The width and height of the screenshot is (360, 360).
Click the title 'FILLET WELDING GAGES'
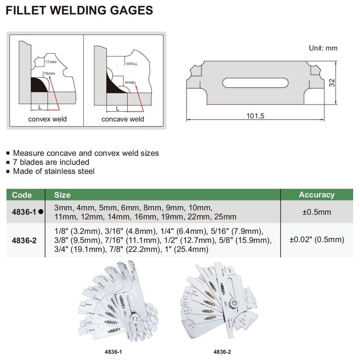(x=80, y=10)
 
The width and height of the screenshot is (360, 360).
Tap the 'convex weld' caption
(x=47, y=119)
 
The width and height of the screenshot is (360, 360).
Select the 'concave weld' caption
(x=123, y=119)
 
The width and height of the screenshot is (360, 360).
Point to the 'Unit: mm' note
(x=323, y=48)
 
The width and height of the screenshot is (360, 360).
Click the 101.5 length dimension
(x=256, y=116)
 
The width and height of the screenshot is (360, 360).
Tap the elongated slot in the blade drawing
(x=256, y=83)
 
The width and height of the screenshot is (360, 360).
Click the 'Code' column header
(x=22, y=195)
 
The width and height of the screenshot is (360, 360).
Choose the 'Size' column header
(x=62, y=195)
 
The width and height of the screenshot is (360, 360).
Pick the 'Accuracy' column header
(x=316, y=195)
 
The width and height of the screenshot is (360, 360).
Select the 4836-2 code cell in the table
(x=24, y=240)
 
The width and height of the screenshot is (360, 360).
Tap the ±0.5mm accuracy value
(x=316, y=212)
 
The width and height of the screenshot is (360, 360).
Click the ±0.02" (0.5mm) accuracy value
(x=316, y=240)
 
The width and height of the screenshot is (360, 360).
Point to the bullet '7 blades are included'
(x=51, y=162)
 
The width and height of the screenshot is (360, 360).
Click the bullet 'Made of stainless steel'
(x=53, y=171)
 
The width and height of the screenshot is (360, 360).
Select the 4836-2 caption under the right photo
(x=223, y=351)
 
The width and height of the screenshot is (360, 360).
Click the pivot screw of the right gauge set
(x=235, y=303)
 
